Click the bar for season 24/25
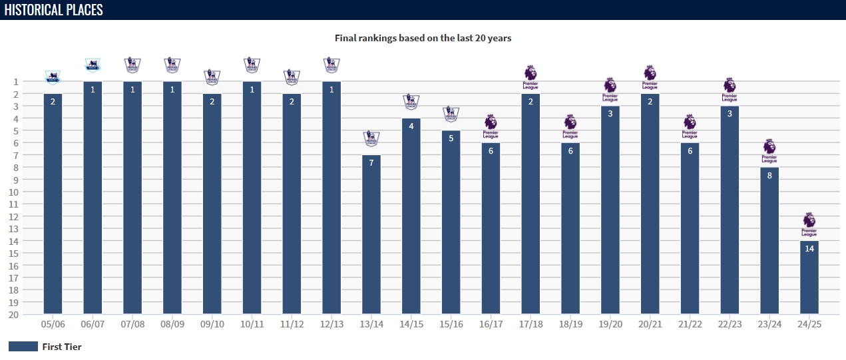pyautogui.click(x=809, y=277)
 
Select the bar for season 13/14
pyautogui.click(x=371, y=234)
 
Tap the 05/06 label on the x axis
pyautogui.click(x=53, y=324)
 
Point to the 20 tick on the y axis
pyautogui.click(x=14, y=314)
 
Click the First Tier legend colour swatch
pyautogui.click(x=23, y=347)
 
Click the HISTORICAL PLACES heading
pyautogui.click(x=53, y=10)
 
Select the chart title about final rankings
pyautogui.click(x=423, y=38)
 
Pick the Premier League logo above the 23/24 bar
pyautogui.click(x=769, y=151)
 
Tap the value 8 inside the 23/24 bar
pyautogui.click(x=769, y=176)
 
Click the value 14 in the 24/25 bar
pyautogui.click(x=809, y=249)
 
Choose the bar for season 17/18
pyautogui.click(x=530, y=204)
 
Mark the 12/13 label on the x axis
pyautogui.click(x=331, y=324)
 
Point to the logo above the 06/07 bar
pyautogui.click(x=93, y=65)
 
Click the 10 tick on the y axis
pyautogui.click(x=14, y=192)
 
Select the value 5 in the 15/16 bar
pyautogui.click(x=451, y=138)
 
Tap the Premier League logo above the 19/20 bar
pyautogui.click(x=610, y=89)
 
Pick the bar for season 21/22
pyautogui.click(x=690, y=228)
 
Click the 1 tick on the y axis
pyautogui.click(x=15, y=81)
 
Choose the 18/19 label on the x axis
pyautogui.click(x=570, y=324)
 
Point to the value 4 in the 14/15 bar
pyautogui.click(x=411, y=126)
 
